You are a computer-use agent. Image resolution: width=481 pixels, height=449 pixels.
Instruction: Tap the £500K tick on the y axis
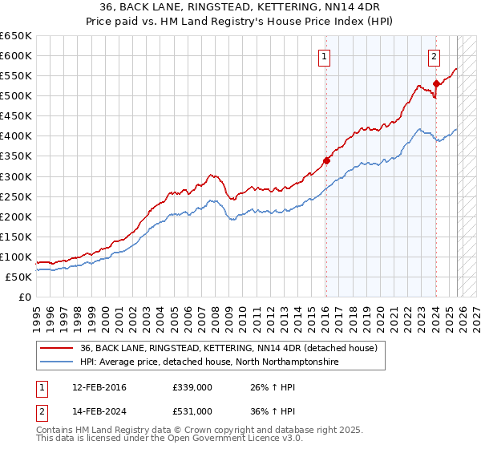[x=15, y=95]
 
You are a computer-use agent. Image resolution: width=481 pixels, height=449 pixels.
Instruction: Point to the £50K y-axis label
[x=18, y=277]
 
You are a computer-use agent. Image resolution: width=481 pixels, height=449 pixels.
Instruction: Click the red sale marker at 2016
[x=326, y=160]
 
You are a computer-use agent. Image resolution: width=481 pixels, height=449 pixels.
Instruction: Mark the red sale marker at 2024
[x=436, y=83]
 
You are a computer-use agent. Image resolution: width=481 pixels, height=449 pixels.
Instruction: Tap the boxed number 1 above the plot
[x=324, y=56]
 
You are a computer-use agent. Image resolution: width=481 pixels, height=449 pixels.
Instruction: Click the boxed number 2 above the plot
[x=434, y=56]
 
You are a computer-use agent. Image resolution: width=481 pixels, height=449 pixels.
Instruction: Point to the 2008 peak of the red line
[x=212, y=174]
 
